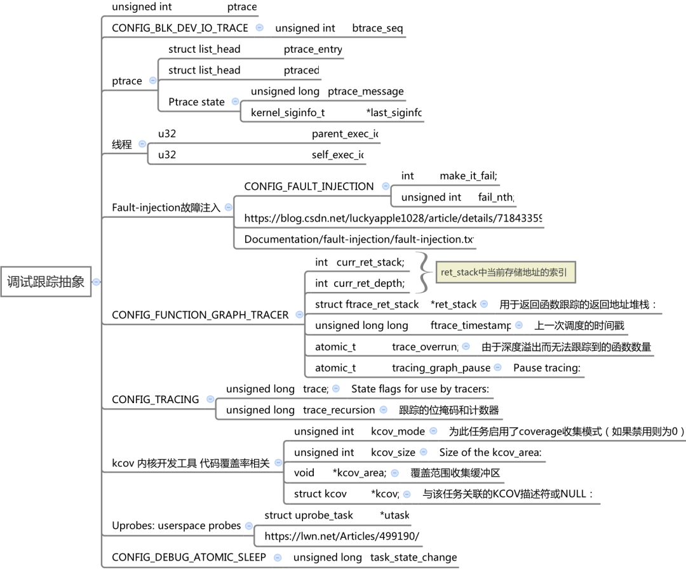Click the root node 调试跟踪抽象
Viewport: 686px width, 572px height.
46,282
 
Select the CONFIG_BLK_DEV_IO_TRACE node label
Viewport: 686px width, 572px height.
180,28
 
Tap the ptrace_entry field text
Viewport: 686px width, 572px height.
313,50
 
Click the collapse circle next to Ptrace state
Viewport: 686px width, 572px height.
236,102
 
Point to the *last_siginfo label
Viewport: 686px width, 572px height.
394,113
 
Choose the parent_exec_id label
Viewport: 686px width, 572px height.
345,134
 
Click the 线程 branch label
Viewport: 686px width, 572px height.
122,144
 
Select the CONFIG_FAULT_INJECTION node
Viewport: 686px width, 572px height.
309,186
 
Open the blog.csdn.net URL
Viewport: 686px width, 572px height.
393,218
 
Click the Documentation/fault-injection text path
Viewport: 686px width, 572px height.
359,239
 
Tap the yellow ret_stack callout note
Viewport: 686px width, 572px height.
506,272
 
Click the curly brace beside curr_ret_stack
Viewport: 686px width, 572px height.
423,272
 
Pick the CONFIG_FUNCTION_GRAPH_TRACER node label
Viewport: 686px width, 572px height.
200,315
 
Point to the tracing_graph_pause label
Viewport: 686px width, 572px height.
441,368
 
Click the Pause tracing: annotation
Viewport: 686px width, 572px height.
547,368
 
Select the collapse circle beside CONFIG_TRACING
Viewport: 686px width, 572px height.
210,399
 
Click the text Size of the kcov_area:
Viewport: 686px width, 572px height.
490,452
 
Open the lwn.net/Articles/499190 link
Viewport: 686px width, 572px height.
342,536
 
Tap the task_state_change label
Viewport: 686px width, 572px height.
414,557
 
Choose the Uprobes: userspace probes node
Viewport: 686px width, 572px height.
177,526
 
